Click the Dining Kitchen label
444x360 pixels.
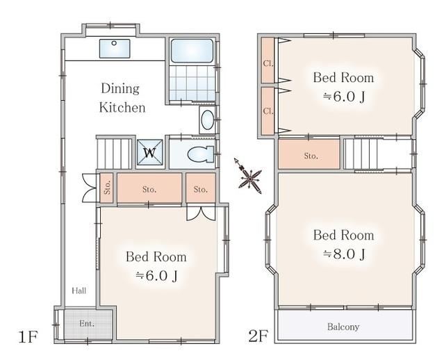[122, 98]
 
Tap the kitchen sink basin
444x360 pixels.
[115, 49]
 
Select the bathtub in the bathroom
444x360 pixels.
[192, 51]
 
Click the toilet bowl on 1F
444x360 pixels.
[201, 154]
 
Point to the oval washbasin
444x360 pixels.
[208, 120]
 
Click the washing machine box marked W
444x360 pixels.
[150, 152]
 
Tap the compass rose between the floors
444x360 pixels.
[249, 177]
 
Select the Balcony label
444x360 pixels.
[343, 327]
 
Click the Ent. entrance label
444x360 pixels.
[87, 323]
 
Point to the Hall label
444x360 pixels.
[79, 291]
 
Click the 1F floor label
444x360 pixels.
[28, 336]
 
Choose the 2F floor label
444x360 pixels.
[258, 336]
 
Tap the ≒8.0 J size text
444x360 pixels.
[344, 254]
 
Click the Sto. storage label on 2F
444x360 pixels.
[311, 156]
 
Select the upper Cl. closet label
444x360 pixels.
[268, 63]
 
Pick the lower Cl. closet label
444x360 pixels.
[268, 111]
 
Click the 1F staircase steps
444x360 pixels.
[115, 154]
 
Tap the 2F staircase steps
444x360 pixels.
[361, 154]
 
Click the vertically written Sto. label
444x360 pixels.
[107, 188]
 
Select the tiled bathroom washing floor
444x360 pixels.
[192, 83]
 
